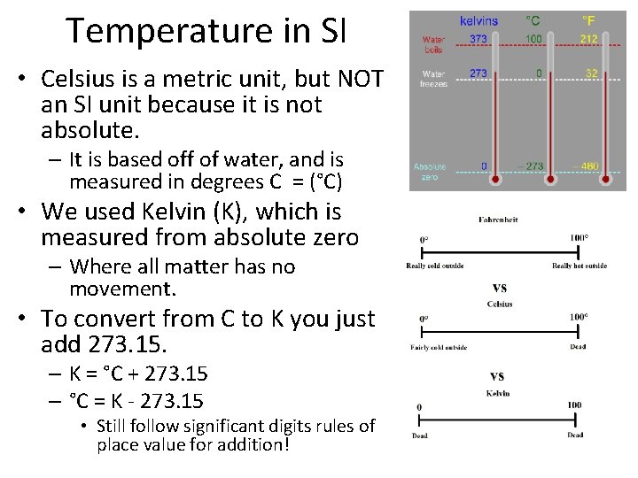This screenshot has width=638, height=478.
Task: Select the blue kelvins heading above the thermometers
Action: [x=479, y=20]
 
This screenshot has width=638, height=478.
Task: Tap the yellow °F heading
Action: [x=587, y=20]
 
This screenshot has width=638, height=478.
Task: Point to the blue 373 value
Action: [x=478, y=40]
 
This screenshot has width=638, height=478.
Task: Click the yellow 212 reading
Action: [x=589, y=40]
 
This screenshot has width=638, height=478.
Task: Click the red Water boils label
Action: [x=434, y=44]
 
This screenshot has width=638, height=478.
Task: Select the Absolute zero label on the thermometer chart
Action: [x=431, y=172]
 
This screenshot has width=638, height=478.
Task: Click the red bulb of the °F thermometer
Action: [x=607, y=180]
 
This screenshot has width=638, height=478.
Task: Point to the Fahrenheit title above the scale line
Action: [x=497, y=220]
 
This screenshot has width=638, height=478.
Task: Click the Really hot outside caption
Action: [x=579, y=266]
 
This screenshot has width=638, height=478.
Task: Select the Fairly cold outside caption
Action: [x=438, y=347]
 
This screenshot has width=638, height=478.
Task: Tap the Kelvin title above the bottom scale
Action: [x=499, y=392]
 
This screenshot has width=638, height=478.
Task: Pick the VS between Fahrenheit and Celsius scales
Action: [x=499, y=288]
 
